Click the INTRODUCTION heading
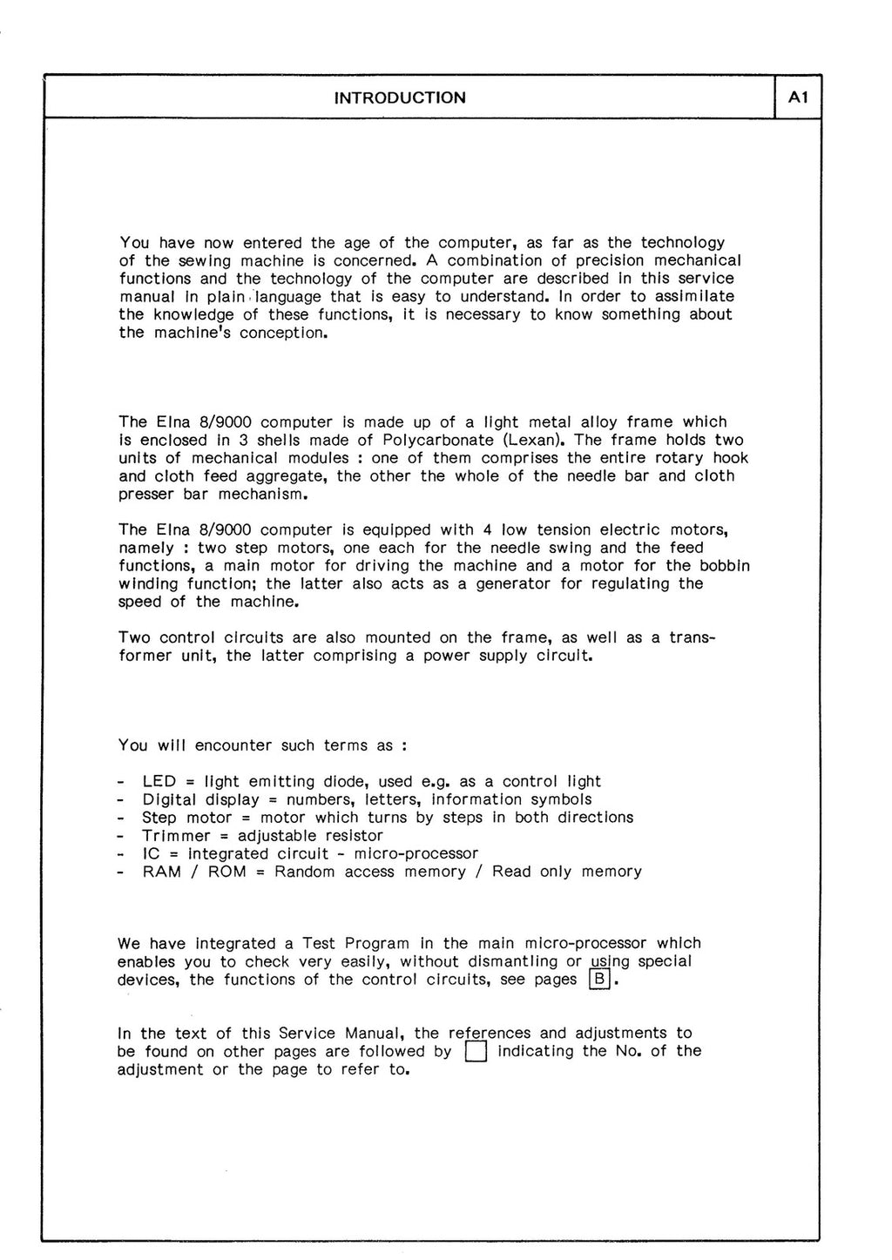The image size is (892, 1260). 400,98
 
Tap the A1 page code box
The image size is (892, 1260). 798,98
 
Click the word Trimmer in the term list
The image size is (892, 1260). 174,835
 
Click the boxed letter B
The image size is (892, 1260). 599,980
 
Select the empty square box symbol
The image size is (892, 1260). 475,1052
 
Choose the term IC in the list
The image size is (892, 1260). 150,853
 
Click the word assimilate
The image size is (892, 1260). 693,296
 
